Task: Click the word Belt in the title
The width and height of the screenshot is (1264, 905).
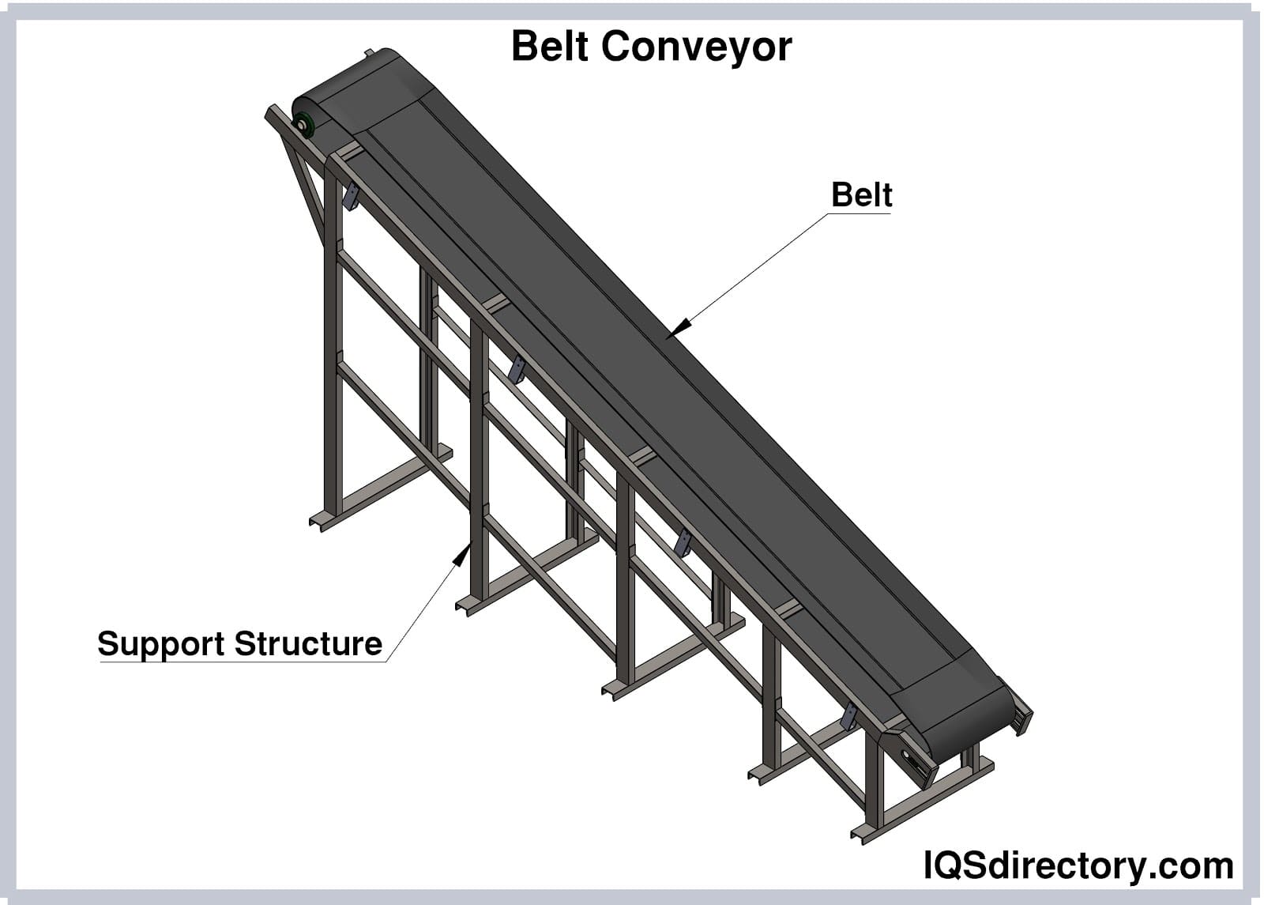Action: click(550, 47)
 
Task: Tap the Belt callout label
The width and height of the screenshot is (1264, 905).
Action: click(861, 195)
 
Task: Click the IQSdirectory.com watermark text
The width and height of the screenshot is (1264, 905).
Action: click(1078, 865)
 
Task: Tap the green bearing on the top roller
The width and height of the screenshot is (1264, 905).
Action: click(303, 124)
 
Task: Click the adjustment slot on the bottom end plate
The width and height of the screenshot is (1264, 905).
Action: click(916, 763)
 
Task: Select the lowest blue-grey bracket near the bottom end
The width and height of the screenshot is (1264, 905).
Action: click(849, 716)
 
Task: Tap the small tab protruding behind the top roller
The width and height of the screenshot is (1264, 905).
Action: click(367, 53)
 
